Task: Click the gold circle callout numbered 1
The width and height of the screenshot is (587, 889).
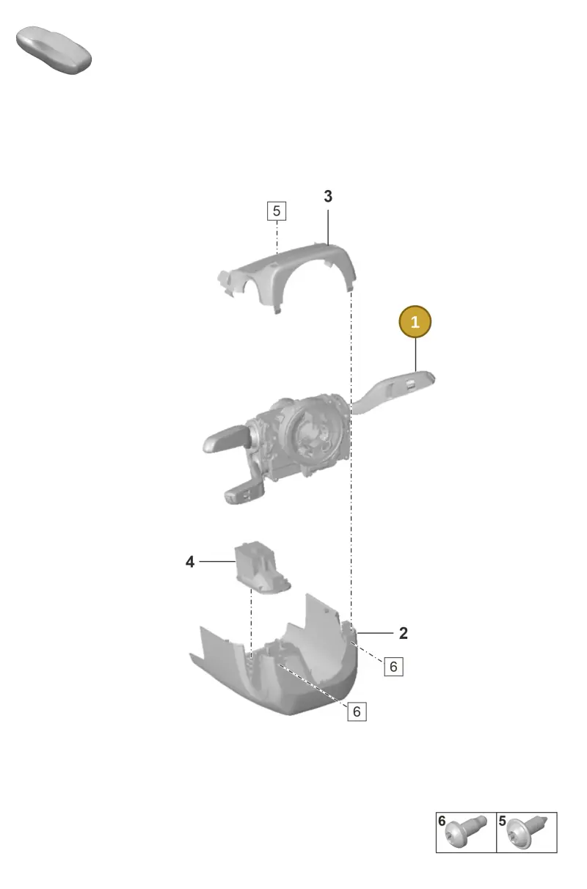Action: [415, 321]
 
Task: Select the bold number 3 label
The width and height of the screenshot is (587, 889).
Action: [328, 196]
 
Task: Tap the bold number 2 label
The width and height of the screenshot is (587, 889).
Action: [404, 633]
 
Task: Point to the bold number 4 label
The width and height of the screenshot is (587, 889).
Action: [190, 562]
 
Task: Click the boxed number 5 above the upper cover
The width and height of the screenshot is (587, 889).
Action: [277, 211]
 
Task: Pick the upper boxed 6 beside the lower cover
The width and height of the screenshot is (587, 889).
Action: [393, 666]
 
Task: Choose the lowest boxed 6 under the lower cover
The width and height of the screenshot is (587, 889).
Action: [357, 711]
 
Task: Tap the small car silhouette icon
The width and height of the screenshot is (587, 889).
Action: [54, 50]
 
